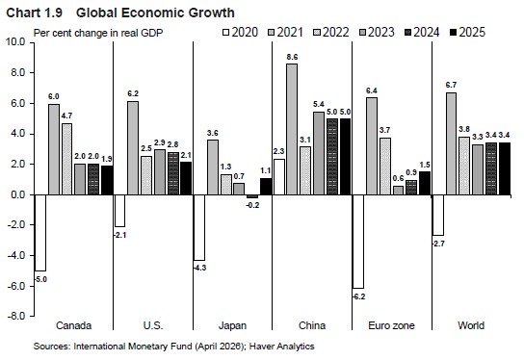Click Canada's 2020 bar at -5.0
point(40,233)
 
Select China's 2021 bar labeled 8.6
point(292,129)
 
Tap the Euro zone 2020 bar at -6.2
point(358,242)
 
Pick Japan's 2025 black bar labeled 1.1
point(266,187)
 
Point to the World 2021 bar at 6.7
point(451,143)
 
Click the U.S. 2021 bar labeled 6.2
point(133,148)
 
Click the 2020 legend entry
point(240,33)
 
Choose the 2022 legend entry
point(331,33)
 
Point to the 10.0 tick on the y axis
point(15,42)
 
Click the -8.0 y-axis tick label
point(15,316)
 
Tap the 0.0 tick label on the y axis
point(18,194)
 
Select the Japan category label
point(232,325)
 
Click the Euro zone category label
point(391,325)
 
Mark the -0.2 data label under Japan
point(252,205)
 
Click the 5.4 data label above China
point(319,105)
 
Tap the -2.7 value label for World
point(438,244)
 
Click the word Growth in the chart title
point(211,13)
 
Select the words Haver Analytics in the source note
point(281,347)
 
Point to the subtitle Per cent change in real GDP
point(98,33)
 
